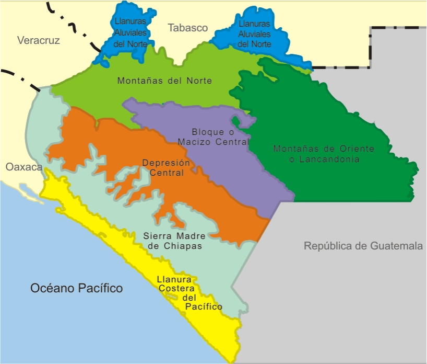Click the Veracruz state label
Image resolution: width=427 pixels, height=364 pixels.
[x=39, y=40]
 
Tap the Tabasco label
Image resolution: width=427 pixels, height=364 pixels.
[x=188, y=28]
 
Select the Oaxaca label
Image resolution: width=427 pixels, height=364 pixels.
[x=23, y=167]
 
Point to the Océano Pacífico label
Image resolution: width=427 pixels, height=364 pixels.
[x=76, y=288]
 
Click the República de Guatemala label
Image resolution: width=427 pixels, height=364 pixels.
[x=363, y=245]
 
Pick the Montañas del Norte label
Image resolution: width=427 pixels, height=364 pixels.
[x=164, y=81]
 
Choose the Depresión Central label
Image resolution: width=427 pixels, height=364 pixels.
[x=163, y=167]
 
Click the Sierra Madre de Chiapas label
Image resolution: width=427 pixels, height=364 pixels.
[x=172, y=241]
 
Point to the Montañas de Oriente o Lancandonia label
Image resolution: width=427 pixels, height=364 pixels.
[x=324, y=154]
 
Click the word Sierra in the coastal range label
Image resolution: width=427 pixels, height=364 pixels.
[x=156, y=236]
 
